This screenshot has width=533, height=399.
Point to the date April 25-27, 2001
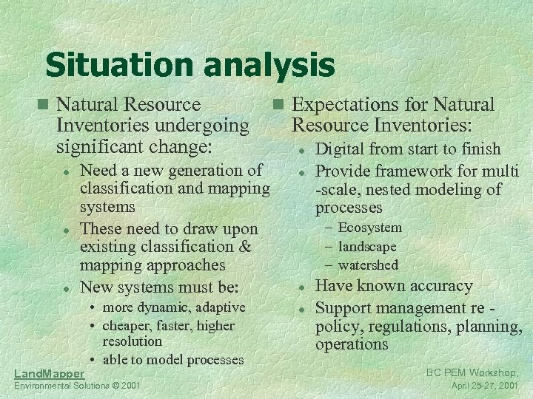pos(485,386)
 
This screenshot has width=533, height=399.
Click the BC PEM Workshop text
pos(473,372)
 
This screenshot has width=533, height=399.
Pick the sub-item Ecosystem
pos(369,228)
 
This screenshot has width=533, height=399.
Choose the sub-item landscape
pos(367,247)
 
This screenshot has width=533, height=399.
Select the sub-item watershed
pos(368,265)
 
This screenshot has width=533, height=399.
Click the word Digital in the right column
pos(341,149)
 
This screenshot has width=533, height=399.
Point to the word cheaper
pos(126,325)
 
